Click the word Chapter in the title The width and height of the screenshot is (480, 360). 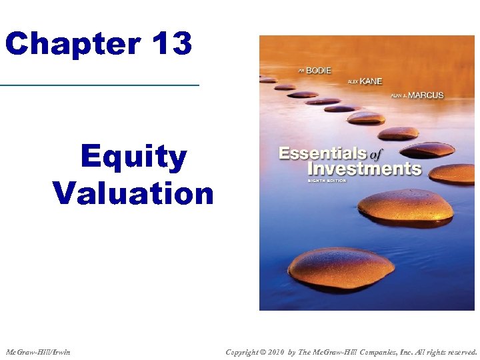(x=71, y=44)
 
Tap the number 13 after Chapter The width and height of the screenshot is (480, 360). (x=171, y=44)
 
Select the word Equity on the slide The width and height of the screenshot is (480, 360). (x=133, y=157)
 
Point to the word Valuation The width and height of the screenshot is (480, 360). (x=133, y=193)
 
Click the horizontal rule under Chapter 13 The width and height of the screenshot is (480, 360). (x=100, y=85)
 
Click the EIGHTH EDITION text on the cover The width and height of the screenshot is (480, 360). (x=331, y=180)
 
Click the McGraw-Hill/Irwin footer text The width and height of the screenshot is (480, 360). (x=38, y=351)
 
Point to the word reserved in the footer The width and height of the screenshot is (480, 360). (x=459, y=351)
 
